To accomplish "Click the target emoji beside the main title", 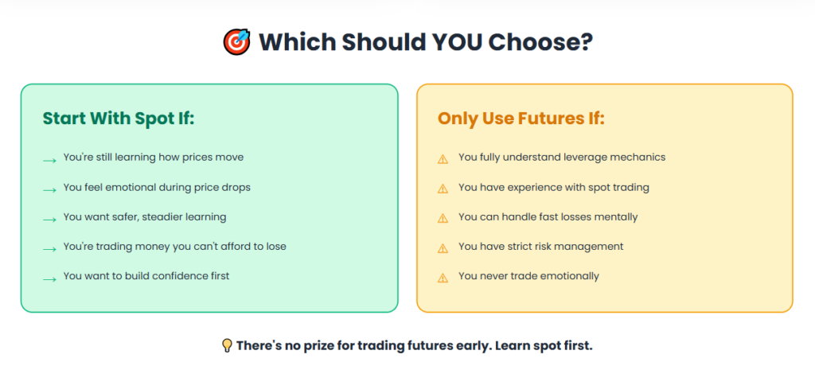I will click(236, 41).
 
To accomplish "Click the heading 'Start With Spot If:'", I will click(119, 119).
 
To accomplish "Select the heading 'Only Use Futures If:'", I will click(521, 119).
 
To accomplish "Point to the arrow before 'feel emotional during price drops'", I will click(49, 189).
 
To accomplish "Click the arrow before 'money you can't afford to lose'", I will click(49, 248).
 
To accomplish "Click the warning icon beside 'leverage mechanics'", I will click(443, 158).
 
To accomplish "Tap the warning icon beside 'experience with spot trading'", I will click(443, 189).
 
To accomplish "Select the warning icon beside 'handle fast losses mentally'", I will click(443, 218).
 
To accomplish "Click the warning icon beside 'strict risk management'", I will click(443, 247).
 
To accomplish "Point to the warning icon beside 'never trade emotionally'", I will click(443, 278).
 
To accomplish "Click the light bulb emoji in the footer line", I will click(227, 345).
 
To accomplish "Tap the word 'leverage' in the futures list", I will click(585, 157).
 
